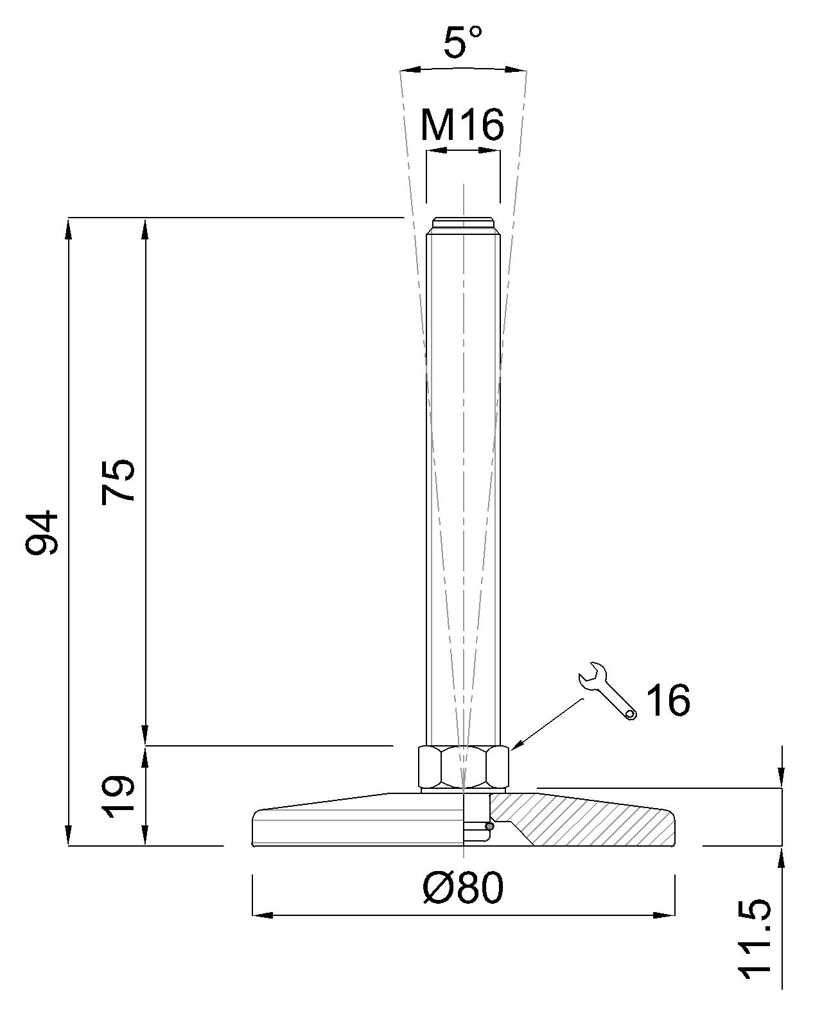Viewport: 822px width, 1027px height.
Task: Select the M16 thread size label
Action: [x=462, y=126]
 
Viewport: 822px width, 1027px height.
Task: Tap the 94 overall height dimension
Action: [x=42, y=532]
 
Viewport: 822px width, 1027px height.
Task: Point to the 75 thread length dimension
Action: [x=118, y=481]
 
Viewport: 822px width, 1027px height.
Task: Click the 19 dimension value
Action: [x=118, y=797]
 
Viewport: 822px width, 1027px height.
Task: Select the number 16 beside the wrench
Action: [x=668, y=700]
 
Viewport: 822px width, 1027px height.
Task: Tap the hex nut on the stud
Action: [x=463, y=767]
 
